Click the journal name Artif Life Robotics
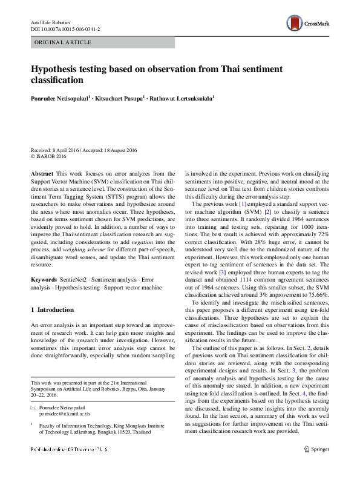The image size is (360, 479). coord(51,22)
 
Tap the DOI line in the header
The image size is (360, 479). coord(65,29)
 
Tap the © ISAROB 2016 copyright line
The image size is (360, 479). coord(51,156)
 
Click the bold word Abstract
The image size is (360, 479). coord(42,173)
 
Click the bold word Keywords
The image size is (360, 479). coord(44,280)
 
